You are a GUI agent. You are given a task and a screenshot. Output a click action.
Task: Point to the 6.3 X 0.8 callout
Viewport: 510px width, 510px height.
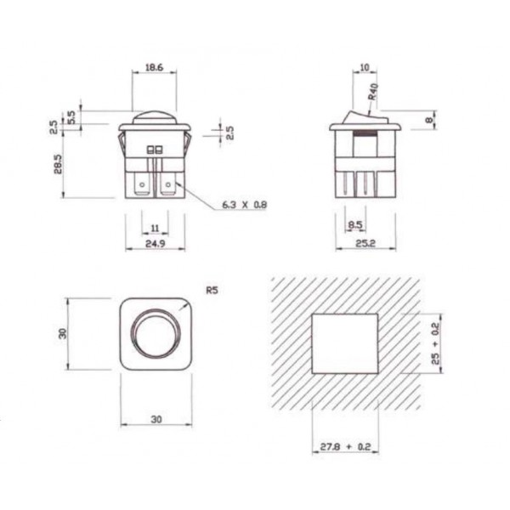point(244,205)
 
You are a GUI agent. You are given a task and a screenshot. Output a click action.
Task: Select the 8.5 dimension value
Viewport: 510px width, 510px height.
point(356,226)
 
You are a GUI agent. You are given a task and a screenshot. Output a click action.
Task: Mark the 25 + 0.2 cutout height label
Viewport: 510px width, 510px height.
point(435,343)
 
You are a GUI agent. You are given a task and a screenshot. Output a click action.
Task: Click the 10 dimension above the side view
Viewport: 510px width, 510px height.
point(364,67)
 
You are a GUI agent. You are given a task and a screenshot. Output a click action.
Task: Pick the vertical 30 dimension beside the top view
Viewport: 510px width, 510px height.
point(61,332)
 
